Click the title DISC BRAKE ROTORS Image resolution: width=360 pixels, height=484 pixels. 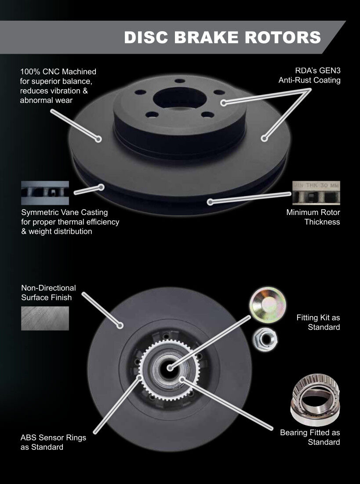pos(222,37)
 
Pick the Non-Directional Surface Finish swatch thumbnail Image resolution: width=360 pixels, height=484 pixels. pos(45,318)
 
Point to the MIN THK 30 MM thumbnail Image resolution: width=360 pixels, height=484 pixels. pos(316,193)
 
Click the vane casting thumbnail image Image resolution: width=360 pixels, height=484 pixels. pos(45,193)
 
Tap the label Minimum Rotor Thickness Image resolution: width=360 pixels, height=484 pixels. pos(313,217)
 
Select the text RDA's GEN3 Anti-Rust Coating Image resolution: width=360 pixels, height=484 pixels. pos(309,76)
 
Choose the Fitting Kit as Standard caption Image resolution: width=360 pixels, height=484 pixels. pos(318,322)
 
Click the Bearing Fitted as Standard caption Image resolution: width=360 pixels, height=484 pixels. pos(310,437)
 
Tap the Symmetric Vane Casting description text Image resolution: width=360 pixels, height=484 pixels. pos(70,222)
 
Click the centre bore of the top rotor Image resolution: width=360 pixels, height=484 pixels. pos(179,98)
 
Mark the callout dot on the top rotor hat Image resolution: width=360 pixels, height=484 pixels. pos(224,103)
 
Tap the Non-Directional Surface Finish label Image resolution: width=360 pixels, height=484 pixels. pos(48,292)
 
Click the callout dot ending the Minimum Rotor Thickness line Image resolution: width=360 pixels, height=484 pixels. pos(210,202)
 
